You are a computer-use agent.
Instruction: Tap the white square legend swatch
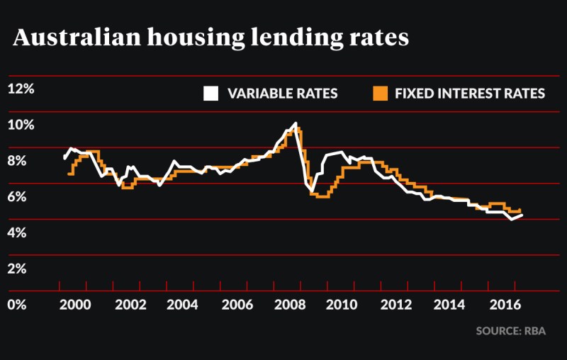[210, 94]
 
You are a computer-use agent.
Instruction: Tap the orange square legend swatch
[381, 94]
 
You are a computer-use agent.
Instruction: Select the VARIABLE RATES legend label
[282, 94]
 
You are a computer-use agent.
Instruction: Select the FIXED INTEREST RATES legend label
[469, 94]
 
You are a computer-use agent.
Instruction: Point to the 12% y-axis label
[21, 89]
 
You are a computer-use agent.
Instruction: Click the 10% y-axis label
[21, 125]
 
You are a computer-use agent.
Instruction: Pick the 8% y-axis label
[18, 161]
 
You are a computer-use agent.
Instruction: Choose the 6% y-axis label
[18, 197]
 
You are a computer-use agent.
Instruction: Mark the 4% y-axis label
[18, 233]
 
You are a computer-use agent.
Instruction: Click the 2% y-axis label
[18, 269]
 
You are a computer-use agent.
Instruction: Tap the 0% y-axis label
[18, 305]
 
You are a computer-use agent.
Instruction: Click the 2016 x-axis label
[505, 305]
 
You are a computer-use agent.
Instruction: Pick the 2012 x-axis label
[398, 305]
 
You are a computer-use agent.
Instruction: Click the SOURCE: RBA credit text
[510, 331]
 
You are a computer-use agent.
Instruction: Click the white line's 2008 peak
[294, 124]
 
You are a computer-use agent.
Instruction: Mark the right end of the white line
[522, 215]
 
